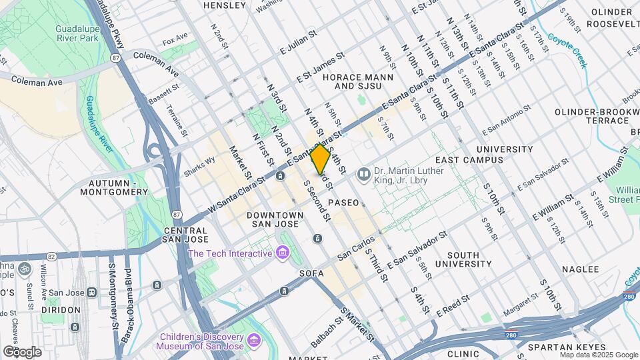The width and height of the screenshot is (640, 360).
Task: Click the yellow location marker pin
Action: (x=321, y=159)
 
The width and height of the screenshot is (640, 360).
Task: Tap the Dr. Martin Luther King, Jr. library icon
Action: (x=363, y=175)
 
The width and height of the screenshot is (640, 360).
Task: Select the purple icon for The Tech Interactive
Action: (x=282, y=253)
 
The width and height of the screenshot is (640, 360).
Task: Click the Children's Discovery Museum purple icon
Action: (x=253, y=341)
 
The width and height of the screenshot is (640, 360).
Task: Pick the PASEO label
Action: (x=343, y=202)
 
